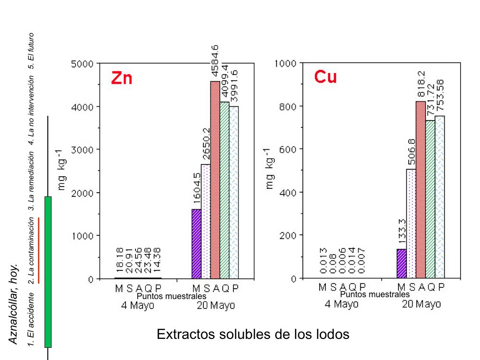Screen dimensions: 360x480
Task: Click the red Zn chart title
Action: [121, 77]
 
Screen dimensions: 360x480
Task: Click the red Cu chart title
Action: [325, 76]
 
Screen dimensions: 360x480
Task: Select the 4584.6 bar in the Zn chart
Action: [215, 180]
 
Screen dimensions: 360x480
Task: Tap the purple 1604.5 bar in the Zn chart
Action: [196, 244]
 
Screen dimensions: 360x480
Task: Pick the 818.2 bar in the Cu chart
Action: [420, 190]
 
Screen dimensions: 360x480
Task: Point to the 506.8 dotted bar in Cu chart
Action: [411, 224]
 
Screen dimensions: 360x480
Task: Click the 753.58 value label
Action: [440, 96]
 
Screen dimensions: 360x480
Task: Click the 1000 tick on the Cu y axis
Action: [285, 64]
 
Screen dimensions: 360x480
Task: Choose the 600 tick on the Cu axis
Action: [287, 150]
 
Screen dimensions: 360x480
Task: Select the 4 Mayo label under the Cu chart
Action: [342, 304]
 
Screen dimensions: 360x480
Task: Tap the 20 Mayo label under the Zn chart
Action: [215, 306]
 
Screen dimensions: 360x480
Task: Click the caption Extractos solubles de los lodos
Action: [253, 335]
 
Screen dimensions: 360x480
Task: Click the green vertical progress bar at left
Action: [48, 272]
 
